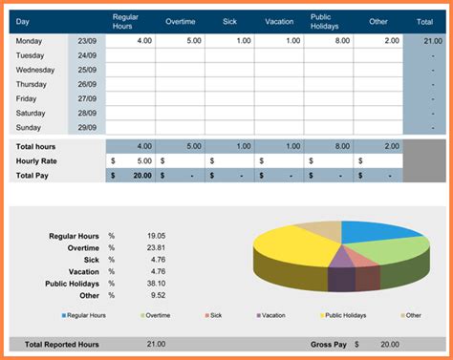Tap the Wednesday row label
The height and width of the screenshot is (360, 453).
(35, 70)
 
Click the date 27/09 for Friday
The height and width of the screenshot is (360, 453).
(87, 98)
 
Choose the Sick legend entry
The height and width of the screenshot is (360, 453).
(215, 314)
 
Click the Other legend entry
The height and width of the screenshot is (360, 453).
(412, 314)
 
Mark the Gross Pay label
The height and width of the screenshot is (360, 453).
(327, 343)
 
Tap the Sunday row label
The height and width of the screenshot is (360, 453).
(30, 127)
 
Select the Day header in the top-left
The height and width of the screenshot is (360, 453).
(23, 21)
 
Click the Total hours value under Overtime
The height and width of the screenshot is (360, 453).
(191, 146)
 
